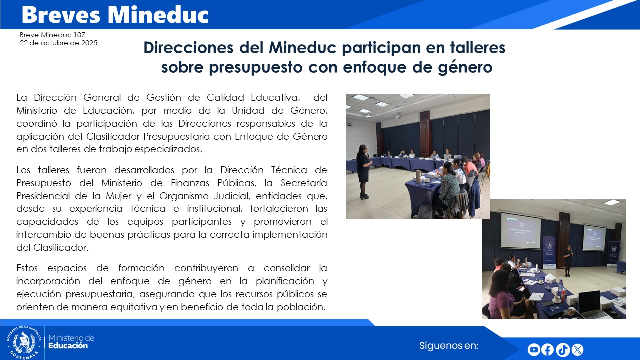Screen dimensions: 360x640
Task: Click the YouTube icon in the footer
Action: [534, 350]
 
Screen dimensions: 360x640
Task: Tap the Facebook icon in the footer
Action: [548, 350]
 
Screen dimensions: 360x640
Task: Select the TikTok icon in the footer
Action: [562, 350]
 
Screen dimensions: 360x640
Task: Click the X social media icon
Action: [577, 350]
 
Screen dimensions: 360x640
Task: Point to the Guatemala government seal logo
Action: [23, 342]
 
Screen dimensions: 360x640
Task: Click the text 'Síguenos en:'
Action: [449, 345]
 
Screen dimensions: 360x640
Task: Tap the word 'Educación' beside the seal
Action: [68, 346]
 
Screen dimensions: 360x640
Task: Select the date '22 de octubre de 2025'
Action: [58, 43]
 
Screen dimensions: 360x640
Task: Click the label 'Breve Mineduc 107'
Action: [52, 35]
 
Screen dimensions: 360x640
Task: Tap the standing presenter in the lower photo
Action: [568, 260]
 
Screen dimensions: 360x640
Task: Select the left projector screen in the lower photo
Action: [521, 231]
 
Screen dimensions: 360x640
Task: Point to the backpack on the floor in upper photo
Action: [426, 211]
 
